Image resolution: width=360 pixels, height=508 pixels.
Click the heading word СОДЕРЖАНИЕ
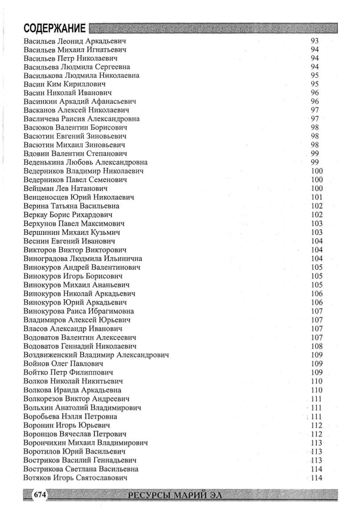(54, 29)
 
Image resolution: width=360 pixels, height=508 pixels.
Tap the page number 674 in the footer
(40, 495)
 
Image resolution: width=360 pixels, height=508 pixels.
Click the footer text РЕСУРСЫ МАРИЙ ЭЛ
(174, 495)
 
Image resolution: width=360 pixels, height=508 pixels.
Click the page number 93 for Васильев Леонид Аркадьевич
(314, 41)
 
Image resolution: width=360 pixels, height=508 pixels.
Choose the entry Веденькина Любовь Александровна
(85, 162)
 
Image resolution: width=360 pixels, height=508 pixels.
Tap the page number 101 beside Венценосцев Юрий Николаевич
(317, 197)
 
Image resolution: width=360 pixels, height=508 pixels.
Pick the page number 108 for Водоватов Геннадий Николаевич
(317, 346)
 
